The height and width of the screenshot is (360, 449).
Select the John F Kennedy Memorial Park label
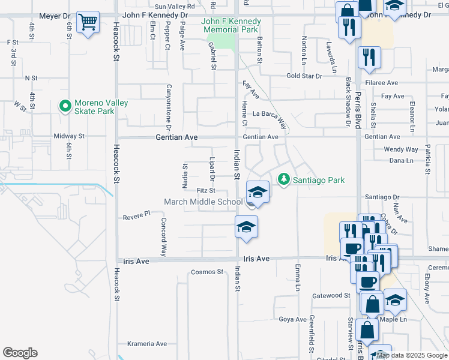[230, 25]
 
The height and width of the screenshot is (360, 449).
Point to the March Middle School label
[203, 202]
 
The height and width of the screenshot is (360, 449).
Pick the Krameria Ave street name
[146, 344]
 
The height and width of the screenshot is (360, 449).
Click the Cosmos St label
[206, 272]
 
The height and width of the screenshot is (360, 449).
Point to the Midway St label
[70, 136]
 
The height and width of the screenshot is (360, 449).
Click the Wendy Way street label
[400, 149]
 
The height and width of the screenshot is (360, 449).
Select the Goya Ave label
[292, 319]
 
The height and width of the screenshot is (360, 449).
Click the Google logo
[20, 353]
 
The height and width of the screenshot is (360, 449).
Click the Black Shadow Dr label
[348, 103]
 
